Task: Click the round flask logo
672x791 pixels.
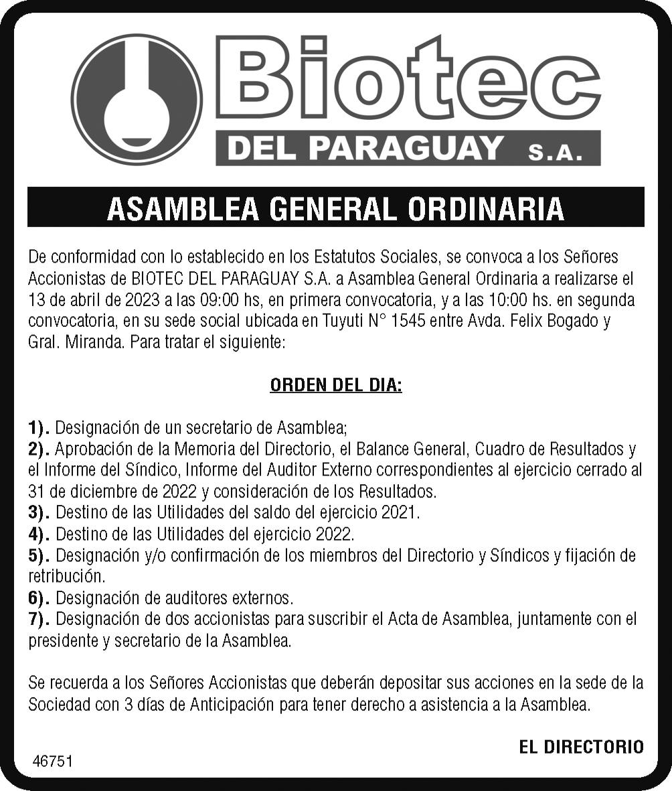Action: [137, 100]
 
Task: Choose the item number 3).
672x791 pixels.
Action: [39, 513]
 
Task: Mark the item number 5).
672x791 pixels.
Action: [39, 555]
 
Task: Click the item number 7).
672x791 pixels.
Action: [39, 619]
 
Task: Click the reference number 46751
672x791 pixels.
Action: [53, 762]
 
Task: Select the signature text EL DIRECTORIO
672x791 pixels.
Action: [581, 747]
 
